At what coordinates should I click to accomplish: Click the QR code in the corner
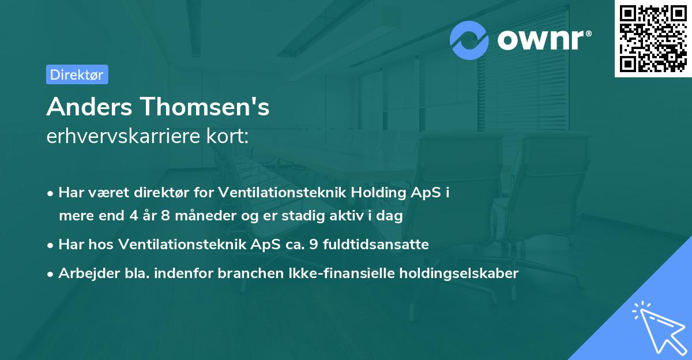coord(653,39)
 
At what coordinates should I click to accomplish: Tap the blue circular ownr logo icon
coord(470,40)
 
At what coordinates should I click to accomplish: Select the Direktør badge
coord(77,74)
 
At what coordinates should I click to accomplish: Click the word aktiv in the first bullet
coord(355,216)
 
